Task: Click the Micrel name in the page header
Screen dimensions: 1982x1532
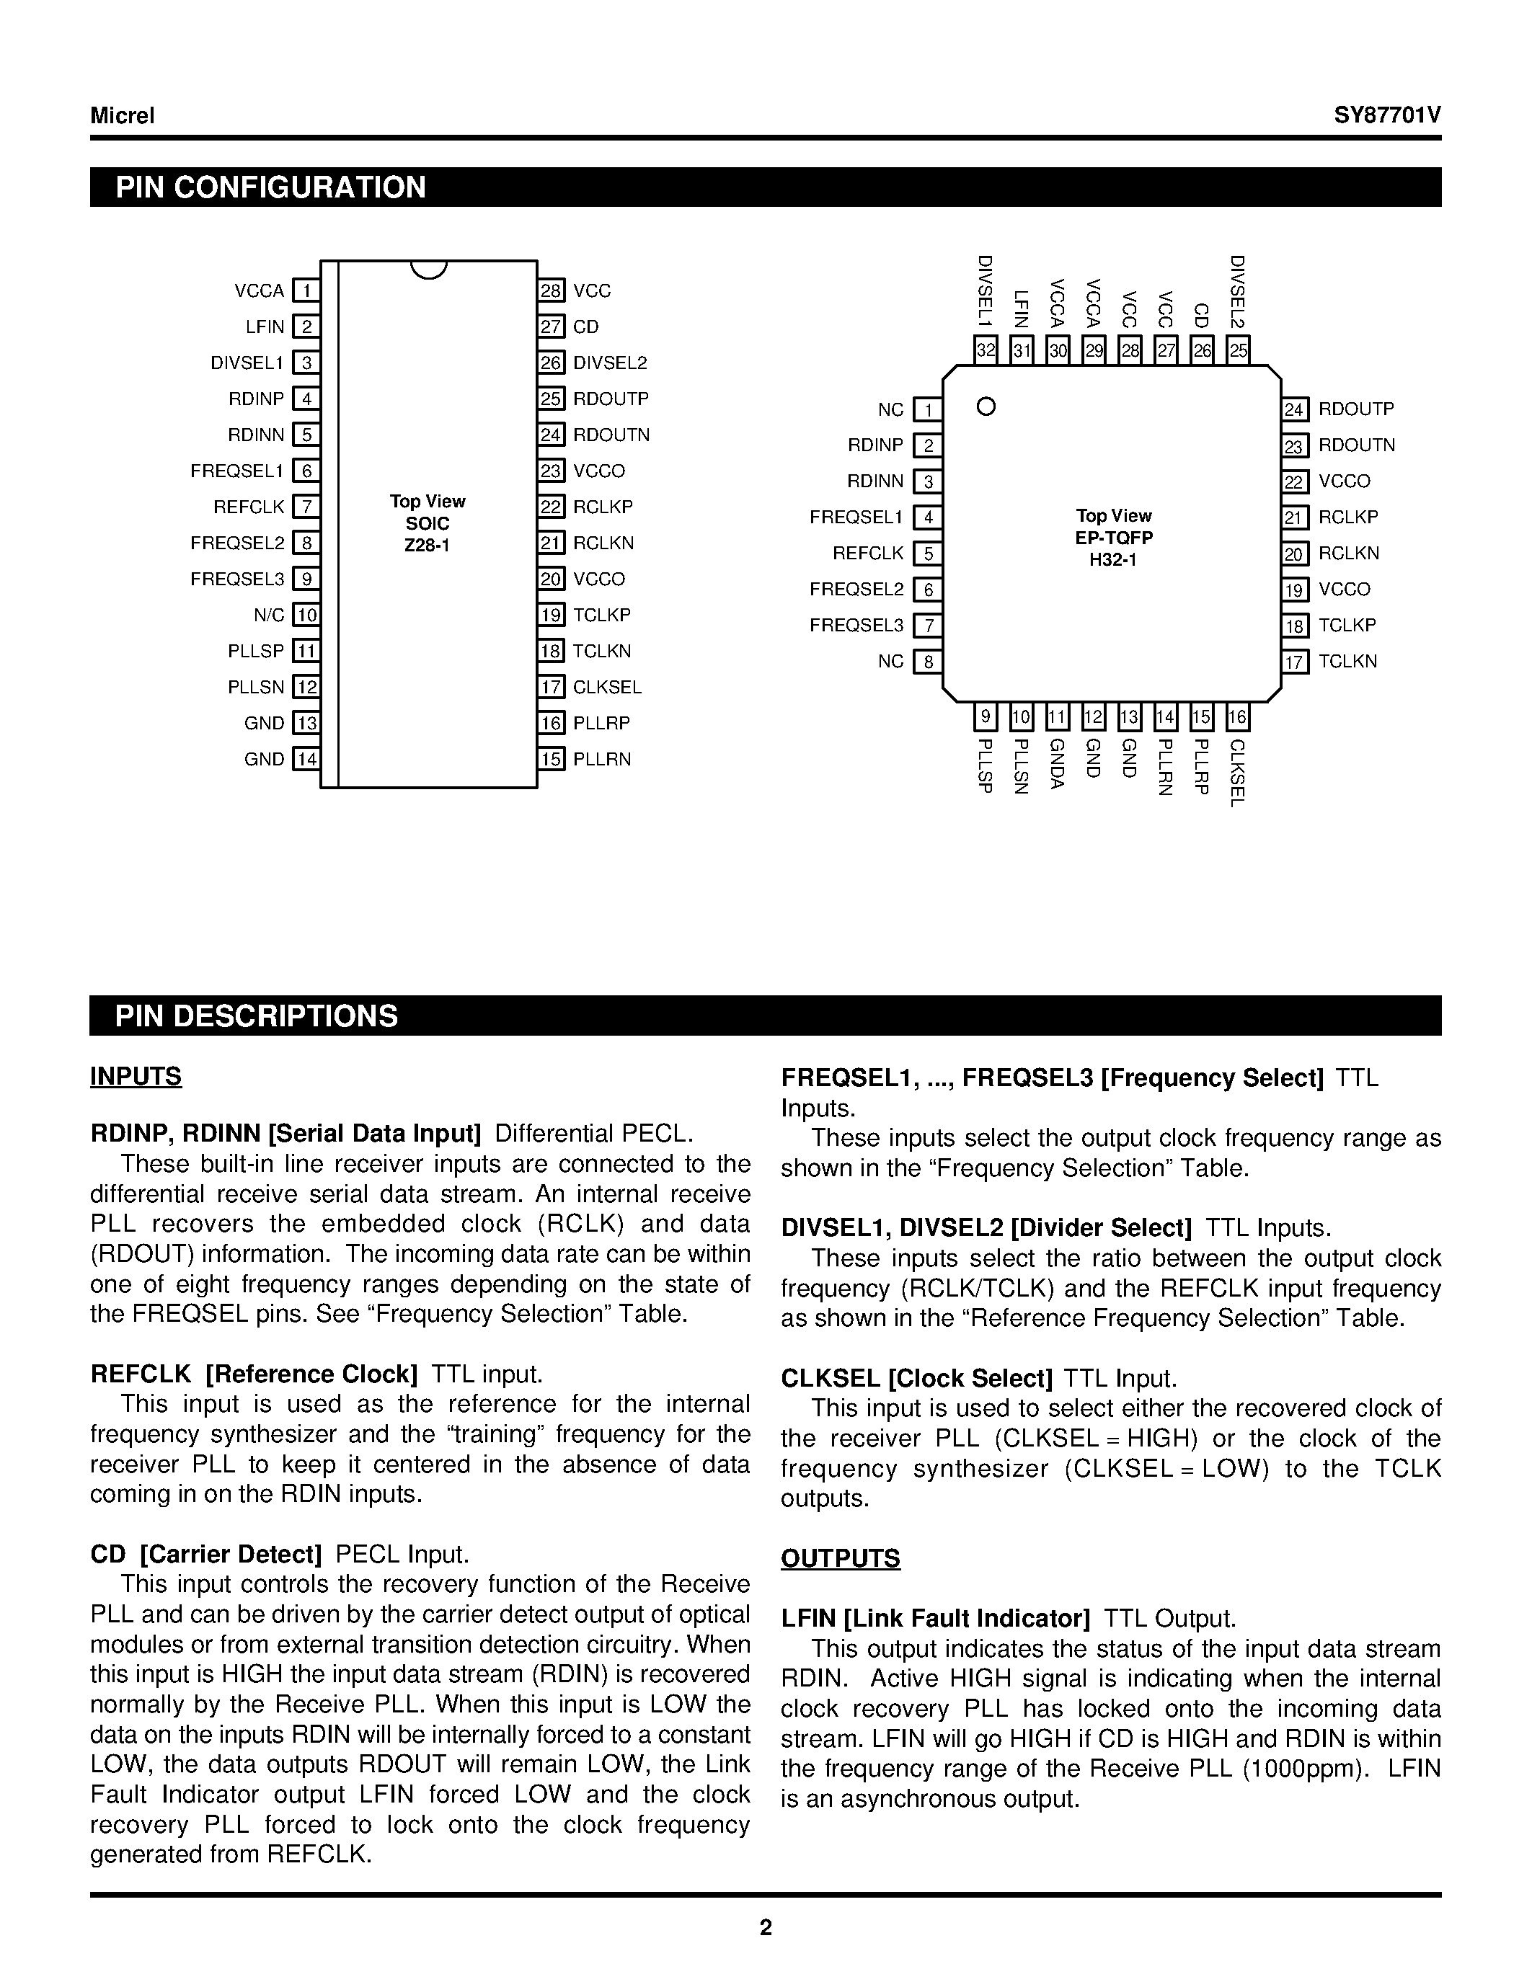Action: (123, 116)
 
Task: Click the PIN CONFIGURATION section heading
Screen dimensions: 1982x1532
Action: (270, 187)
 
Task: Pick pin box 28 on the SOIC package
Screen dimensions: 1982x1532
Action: (552, 291)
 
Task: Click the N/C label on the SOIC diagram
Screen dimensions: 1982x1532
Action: (269, 616)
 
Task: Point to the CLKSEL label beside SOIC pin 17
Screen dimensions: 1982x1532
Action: (607, 687)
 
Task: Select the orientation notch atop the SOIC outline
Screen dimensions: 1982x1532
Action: (428, 270)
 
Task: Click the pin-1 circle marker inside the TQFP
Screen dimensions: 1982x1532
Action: (986, 406)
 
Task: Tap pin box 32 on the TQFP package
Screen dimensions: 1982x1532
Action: (986, 350)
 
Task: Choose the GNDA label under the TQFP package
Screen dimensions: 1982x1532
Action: (1056, 764)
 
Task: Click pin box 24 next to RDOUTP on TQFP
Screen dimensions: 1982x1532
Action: (1295, 410)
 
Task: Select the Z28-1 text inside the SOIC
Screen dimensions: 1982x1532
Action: (428, 546)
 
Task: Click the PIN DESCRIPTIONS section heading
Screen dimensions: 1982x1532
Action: (257, 1016)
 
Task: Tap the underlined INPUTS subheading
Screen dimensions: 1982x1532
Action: (136, 1076)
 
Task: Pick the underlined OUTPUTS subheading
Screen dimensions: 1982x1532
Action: (841, 1558)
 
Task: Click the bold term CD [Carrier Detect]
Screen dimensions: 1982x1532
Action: (206, 1555)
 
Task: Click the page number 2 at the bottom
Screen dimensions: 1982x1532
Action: (766, 1927)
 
